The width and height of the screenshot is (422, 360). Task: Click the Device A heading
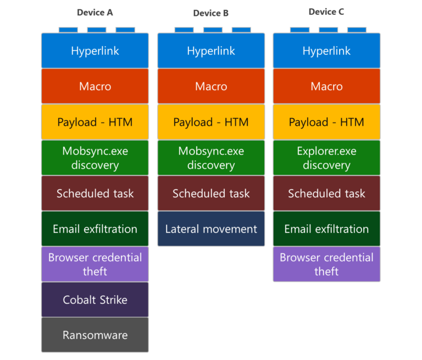(95, 13)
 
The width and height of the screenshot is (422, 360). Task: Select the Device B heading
(210, 13)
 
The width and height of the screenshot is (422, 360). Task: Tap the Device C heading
(326, 12)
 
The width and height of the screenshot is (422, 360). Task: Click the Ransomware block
(95, 335)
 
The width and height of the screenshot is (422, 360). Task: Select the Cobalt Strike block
(95, 300)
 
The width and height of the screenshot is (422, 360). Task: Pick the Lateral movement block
(211, 229)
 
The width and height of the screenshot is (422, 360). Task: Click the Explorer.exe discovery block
(326, 158)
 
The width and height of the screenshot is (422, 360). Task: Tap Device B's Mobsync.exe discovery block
(211, 158)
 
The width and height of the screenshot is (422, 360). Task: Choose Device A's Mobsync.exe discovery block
(95, 158)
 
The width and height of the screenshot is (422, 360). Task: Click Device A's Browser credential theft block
(95, 264)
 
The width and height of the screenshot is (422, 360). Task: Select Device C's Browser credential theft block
(326, 264)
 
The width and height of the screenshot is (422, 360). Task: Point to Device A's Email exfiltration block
(95, 229)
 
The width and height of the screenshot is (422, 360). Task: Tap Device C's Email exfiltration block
(326, 229)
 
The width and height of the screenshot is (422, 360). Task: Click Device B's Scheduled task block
(211, 193)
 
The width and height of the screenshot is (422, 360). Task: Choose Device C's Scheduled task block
(326, 193)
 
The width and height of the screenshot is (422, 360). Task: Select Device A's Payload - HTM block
(95, 122)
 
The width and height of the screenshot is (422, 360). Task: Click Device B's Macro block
(211, 86)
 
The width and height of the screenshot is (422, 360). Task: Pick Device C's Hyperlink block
(326, 51)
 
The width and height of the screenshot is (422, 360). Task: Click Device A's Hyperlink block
(95, 51)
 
